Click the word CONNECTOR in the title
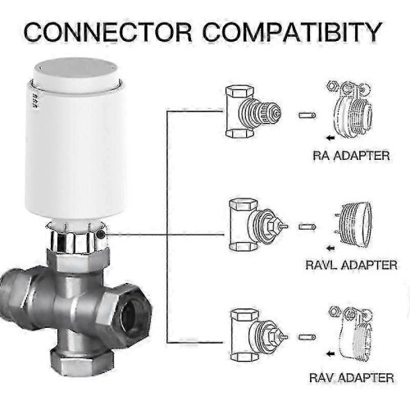(x=108, y=32)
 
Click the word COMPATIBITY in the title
(x=293, y=32)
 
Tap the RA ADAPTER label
(x=351, y=156)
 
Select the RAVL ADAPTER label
(x=351, y=265)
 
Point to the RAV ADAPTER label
(x=352, y=378)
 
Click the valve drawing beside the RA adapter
(x=253, y=112)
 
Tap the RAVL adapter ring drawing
(x=353, y=223)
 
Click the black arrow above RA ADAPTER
(x=330, y=138)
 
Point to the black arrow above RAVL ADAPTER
(x=330, y=248)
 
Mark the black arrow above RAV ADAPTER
(x=330, y=354)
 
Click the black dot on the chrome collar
(x=100, y=235)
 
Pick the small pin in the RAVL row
(x=307, y=226)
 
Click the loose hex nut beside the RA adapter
(x=331, y=86)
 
